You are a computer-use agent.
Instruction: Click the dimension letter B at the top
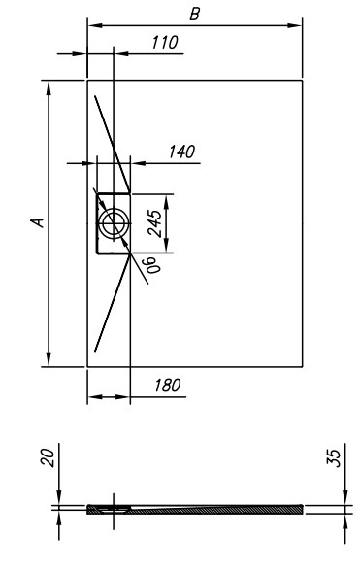195,15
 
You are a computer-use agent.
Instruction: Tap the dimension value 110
165,43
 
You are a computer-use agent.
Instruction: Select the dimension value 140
181,152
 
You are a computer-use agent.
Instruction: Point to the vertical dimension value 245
154,223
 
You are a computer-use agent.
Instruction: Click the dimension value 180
167,386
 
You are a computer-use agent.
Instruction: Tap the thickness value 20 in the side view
48,457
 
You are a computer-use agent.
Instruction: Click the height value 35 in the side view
334,457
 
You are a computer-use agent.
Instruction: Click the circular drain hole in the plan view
114,223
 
